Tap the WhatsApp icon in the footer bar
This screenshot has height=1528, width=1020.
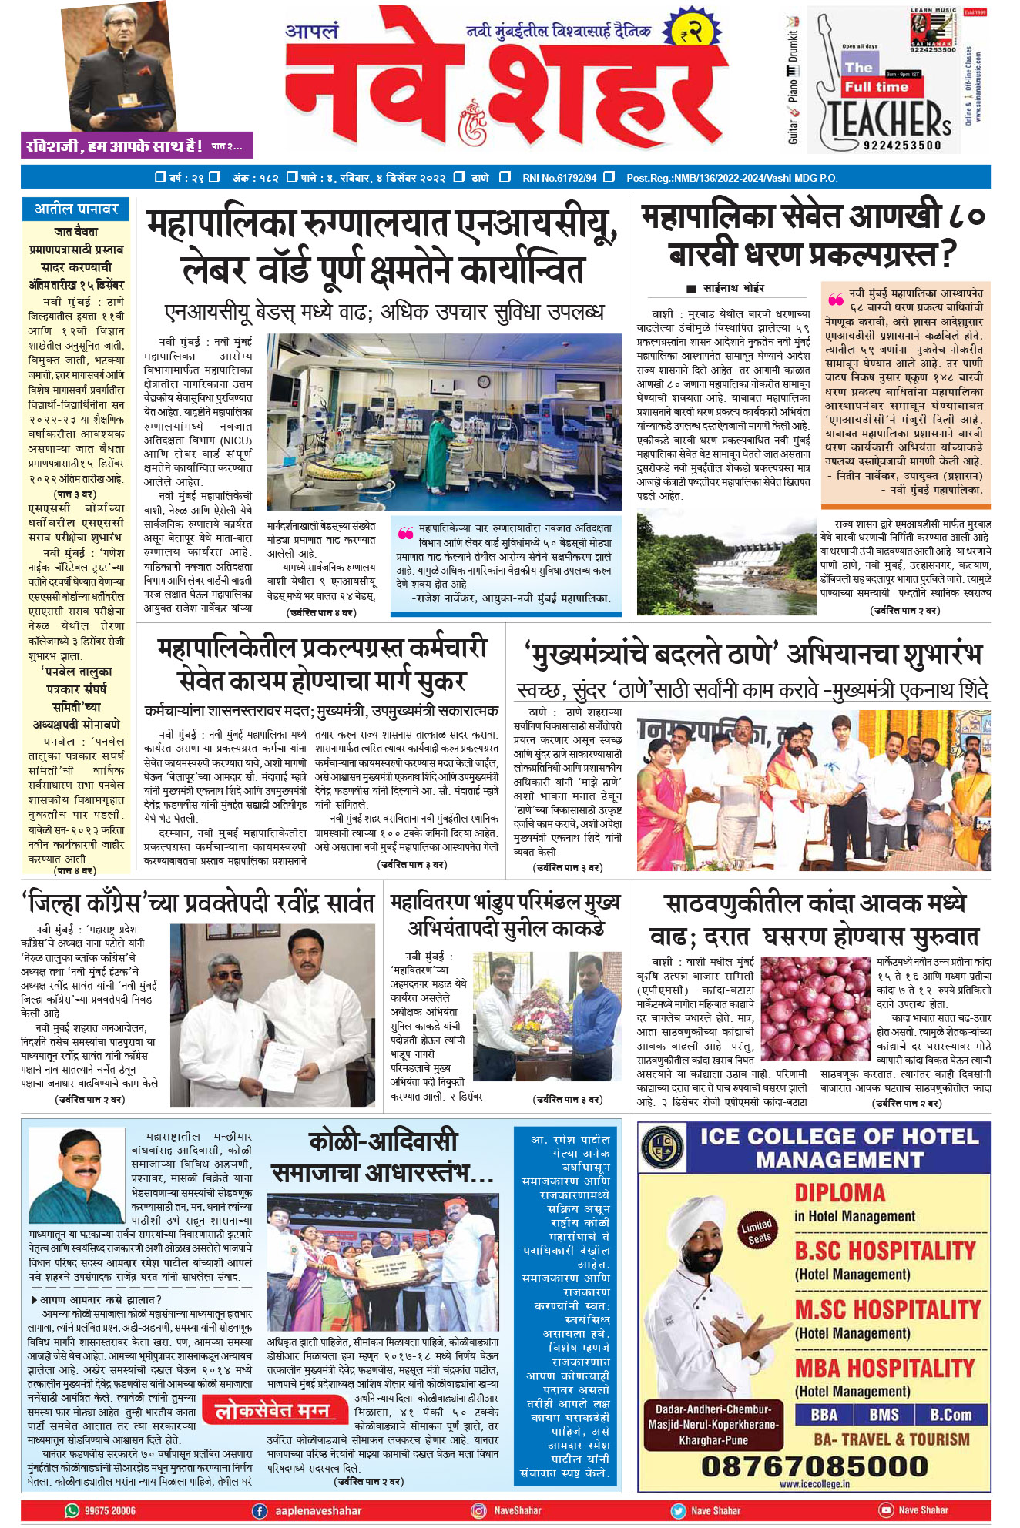tap(72, 1510)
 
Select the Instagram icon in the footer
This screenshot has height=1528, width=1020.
tap(479, 1510)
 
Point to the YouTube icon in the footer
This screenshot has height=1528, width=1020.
tap(886, 1510)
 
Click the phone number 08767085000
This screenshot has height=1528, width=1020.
tap(814, 1466)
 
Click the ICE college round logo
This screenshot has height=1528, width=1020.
tap(662, 1147)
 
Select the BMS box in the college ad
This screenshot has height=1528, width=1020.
tap(884, 1415)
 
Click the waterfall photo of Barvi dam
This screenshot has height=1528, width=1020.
tap(726, 564)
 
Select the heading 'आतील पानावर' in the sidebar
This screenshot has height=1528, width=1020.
tap(76, 209)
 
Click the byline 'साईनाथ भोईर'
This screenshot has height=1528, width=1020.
tap(733, 288)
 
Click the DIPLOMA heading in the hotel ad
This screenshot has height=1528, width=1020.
tap(840, 1193)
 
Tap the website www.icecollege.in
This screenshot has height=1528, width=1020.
tap(814, 1484)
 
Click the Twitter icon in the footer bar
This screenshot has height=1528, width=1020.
tap(678, 1510)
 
